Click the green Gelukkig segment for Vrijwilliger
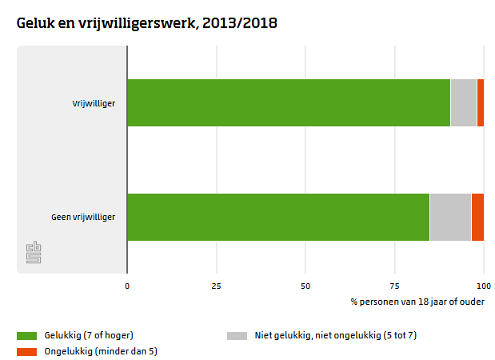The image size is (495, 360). [288, 102]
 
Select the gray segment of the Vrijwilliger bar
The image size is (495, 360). [463, 102]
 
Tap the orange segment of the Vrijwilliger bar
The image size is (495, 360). [480, 102]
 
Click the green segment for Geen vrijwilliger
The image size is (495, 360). [277, 217]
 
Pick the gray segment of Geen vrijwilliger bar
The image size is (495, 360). [449, 217]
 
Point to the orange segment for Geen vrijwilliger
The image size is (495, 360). [477, 217]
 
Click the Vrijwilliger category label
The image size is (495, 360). [94, 102]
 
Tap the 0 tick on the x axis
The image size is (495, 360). [127, 285]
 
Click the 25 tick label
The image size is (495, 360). [216, 285]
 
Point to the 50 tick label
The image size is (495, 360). [305, 285]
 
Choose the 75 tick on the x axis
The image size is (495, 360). [394, 285]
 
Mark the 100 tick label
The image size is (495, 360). [483, 285]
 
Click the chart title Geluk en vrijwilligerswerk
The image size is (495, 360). [146, 23]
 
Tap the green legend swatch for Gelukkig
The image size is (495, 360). [26, 335]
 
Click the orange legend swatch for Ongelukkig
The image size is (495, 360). [26, 350]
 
